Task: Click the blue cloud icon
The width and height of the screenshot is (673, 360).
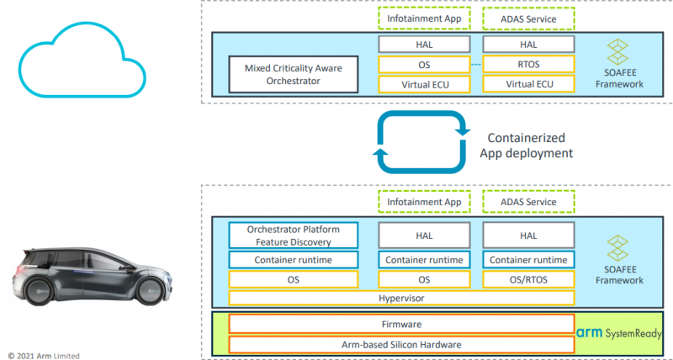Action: point(74,56)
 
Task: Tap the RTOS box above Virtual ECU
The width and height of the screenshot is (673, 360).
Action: point(528,64)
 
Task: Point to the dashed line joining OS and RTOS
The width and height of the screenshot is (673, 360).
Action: point(475,64)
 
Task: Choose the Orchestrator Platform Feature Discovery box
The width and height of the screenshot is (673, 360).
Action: point(293,235)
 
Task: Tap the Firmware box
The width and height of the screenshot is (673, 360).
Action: point(402,323)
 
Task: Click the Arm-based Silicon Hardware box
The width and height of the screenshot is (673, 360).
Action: point(402,343)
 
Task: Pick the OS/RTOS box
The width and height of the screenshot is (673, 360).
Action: point(528,279)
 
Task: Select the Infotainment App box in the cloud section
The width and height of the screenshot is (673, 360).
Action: point(417,17)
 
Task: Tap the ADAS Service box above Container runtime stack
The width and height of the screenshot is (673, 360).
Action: point(528,202)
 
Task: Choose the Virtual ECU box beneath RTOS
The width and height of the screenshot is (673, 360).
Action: point(528,84)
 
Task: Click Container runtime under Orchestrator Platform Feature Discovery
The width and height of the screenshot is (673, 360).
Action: point(293,260)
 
